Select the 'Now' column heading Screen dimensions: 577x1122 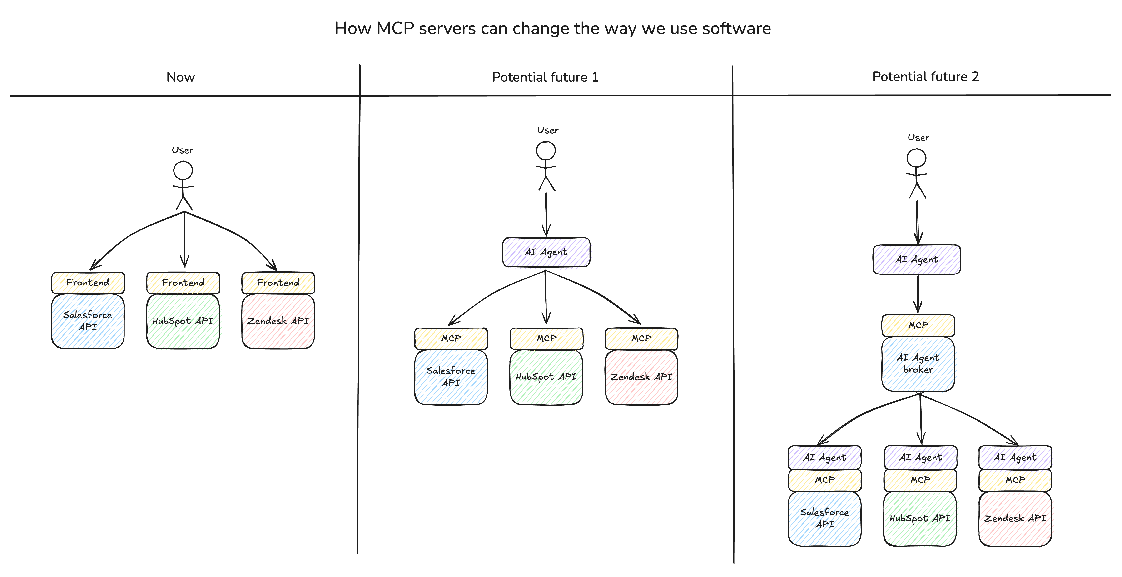[180, 77]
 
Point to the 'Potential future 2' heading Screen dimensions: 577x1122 [925, 77]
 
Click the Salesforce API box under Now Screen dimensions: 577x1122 [88, 321]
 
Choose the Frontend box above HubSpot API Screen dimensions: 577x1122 [183, 283]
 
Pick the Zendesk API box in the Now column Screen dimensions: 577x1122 [278, 321]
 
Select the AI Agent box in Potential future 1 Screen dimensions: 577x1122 [546, 252]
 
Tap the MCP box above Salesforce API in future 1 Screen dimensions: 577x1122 [451, 338]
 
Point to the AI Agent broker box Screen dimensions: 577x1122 [918, 364]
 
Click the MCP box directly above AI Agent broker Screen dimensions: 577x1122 [918, 325]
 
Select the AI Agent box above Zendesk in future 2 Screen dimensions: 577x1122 [1015, 457]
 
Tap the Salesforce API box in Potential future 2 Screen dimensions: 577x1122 [824, 518]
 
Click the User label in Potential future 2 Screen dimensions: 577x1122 [918, 138]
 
